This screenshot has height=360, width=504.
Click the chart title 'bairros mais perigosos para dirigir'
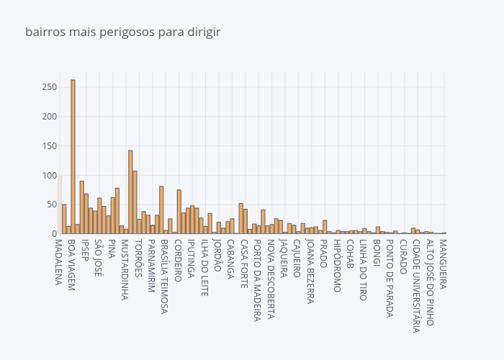point(122,32)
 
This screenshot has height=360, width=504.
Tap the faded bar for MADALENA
point(60,205)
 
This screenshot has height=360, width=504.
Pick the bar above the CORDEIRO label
point(179,212)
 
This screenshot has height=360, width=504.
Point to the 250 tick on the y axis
point(49,87)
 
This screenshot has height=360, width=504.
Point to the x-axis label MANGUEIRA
point(443,264)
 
